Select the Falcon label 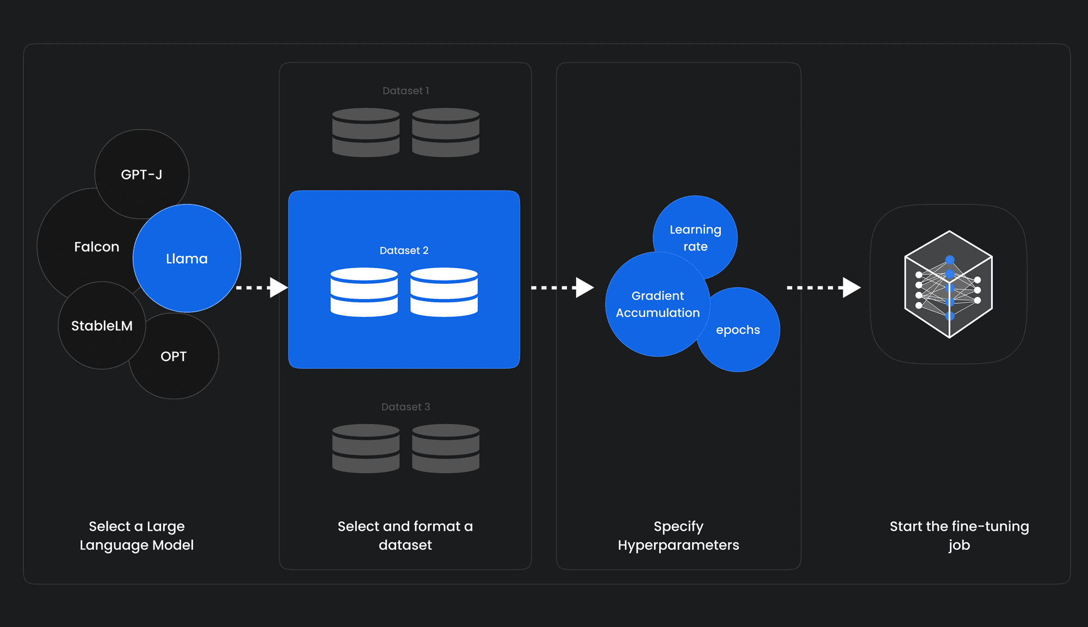click(96, 247)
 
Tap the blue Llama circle click(187, 259)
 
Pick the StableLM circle click(102, 326)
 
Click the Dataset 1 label click(405, 91)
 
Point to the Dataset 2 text click(404, 251)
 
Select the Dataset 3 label click(405, 407)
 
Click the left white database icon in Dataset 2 click(364, 292)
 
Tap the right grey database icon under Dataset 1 click(446, 132)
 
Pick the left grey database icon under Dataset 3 click(366, 448)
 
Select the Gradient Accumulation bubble click(657, 304)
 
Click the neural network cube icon click(948, 284)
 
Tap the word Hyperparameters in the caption click(678, 545)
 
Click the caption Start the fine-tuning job click(959, 535)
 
